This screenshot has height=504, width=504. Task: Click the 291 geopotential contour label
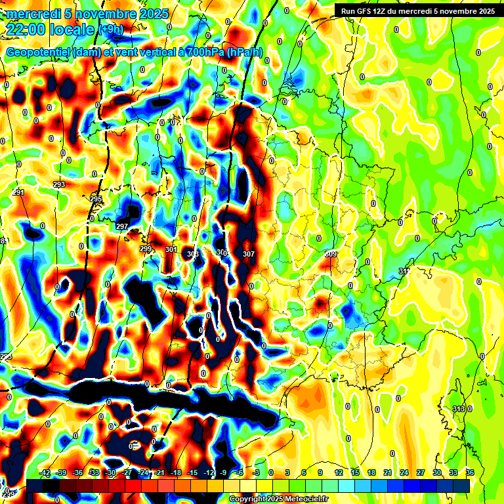[x=18, y=192]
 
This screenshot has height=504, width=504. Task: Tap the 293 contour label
[x=59, y=185]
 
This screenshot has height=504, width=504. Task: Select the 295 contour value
[x=96, y=199]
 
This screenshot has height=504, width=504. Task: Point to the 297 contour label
[x=121, y=226]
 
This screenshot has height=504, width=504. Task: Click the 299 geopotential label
[x=146, y=249]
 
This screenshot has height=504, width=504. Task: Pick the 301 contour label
[x=171, y=250]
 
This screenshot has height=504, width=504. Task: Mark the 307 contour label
[x=248, y=254]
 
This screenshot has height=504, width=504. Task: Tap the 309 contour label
[x=331, y=254]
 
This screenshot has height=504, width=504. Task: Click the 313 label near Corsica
[x=459, y=409]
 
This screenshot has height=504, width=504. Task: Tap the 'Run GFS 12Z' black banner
[x=417, y=10]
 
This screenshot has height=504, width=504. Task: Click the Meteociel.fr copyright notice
[x=278, y=499]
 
